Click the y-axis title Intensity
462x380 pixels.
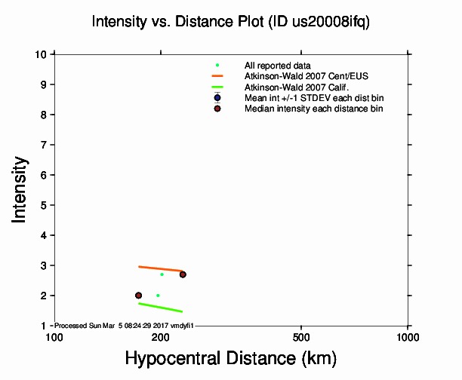pyautogui.click(x=21, y=188)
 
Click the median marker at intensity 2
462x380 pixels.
pyautogui.click(x=138, y=296)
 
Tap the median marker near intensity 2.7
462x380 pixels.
pyautogui.click(x=183, y=274)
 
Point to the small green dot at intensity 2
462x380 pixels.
pyautogui.click(x=158, y=296)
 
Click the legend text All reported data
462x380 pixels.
pyautogui.click(x=278, y=66)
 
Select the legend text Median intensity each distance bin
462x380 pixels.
pyautogui.click(x=313, y=109)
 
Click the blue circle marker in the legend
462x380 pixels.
pyautogui.click(x=217, y=98)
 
